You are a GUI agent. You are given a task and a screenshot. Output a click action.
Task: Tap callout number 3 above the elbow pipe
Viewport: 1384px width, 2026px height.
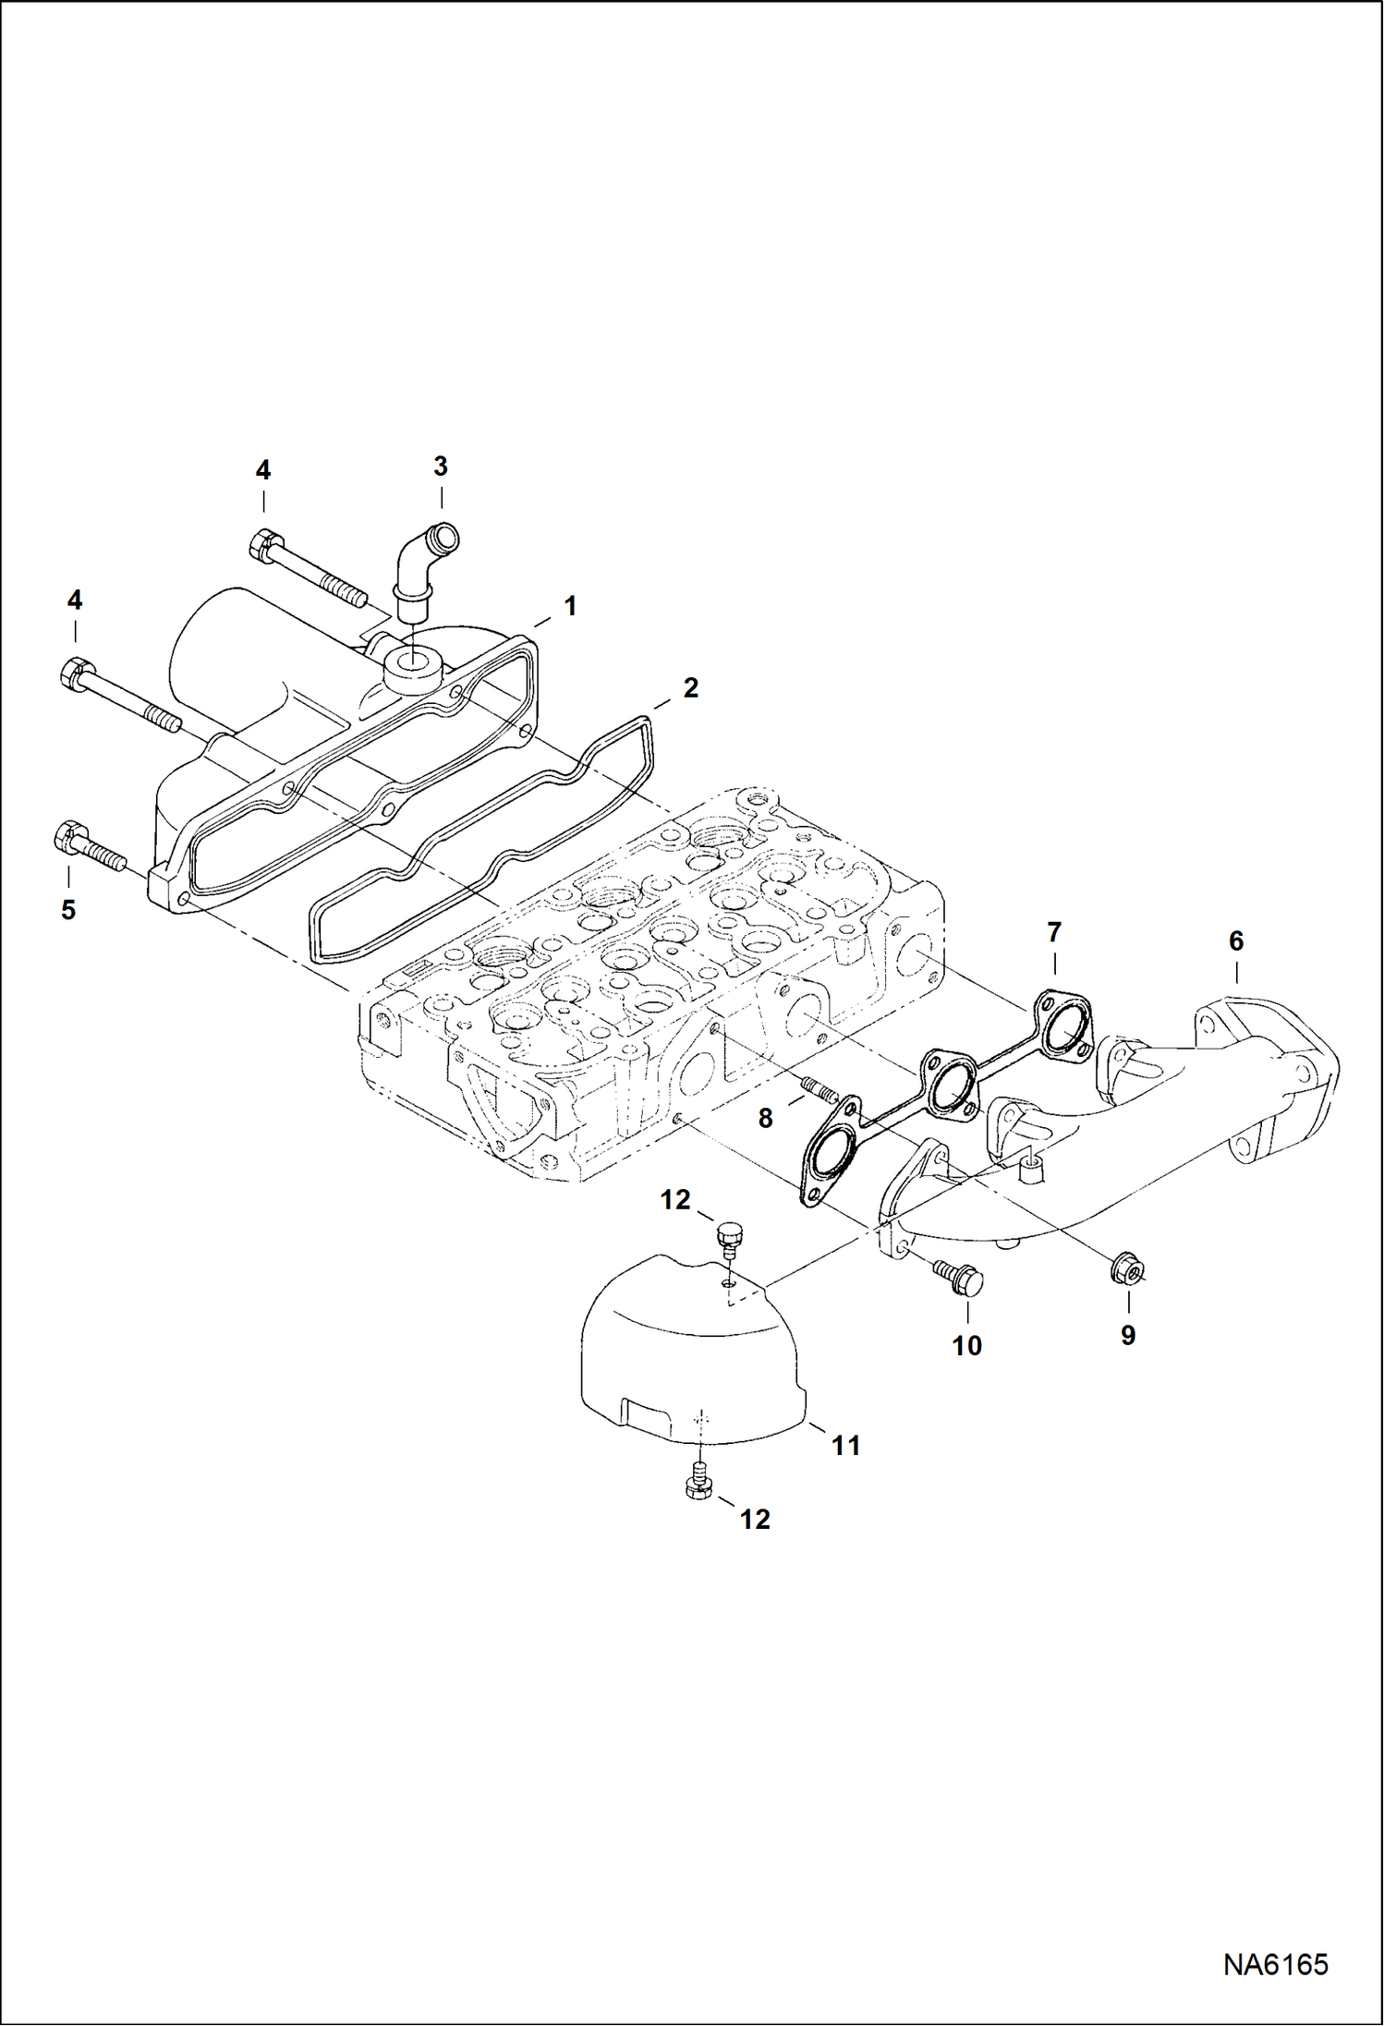coord(441,467)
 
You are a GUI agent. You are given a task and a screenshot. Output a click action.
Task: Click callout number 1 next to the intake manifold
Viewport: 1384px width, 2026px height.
coord(570,606)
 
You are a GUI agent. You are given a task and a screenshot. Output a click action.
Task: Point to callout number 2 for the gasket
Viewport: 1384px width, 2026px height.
coord(690,687)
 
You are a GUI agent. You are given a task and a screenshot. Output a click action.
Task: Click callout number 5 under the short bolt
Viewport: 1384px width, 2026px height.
coord(67,910)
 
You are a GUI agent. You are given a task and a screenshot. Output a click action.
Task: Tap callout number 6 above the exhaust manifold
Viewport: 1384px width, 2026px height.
coord(1235,941)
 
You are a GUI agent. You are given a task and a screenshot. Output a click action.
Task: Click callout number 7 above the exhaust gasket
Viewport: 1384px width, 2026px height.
coord(1054,932)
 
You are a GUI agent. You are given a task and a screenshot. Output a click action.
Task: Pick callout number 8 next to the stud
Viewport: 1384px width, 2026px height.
coord(765,1119)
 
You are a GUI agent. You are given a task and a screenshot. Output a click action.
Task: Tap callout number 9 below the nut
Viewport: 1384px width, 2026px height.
coord(1127,1334)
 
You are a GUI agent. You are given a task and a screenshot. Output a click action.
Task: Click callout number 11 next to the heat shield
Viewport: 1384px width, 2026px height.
coord(845,1445)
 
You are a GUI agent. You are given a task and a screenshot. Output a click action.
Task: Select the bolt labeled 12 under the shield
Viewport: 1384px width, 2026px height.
coord(699,1482)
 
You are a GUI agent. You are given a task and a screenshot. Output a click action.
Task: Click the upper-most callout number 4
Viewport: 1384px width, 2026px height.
coord(263,470)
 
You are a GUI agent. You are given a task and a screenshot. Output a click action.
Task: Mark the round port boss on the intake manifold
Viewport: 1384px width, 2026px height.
coord(407,664)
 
